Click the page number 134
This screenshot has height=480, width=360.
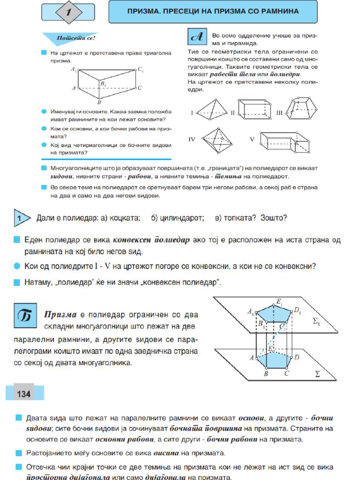tap(23, 394)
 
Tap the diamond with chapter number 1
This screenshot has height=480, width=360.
tap(68, 13)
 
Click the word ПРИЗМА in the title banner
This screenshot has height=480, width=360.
tap(144, 11)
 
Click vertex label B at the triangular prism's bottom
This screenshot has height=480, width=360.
tap(99, 102)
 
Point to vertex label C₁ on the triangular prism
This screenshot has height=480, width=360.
tap(141, 69)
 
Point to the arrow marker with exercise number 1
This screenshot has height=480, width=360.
tap(22, 218)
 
